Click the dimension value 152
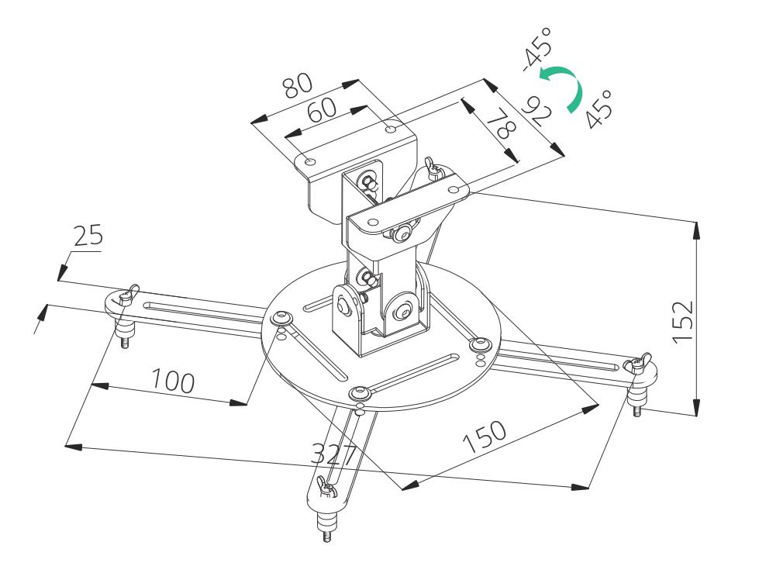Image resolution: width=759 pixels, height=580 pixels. [x=681, y=320]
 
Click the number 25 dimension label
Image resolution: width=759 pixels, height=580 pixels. [x=88, y=236]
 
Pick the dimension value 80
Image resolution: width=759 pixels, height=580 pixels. [x=297, y=85]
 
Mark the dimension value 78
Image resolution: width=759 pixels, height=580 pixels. [x=503, y=123]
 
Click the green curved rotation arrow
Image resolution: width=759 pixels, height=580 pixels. [x=564, y=85]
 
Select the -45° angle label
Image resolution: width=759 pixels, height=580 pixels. [x=537, y=49]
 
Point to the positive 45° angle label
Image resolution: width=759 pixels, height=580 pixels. [x=598, y=108]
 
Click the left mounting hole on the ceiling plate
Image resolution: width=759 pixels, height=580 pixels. [x=309, y=161]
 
